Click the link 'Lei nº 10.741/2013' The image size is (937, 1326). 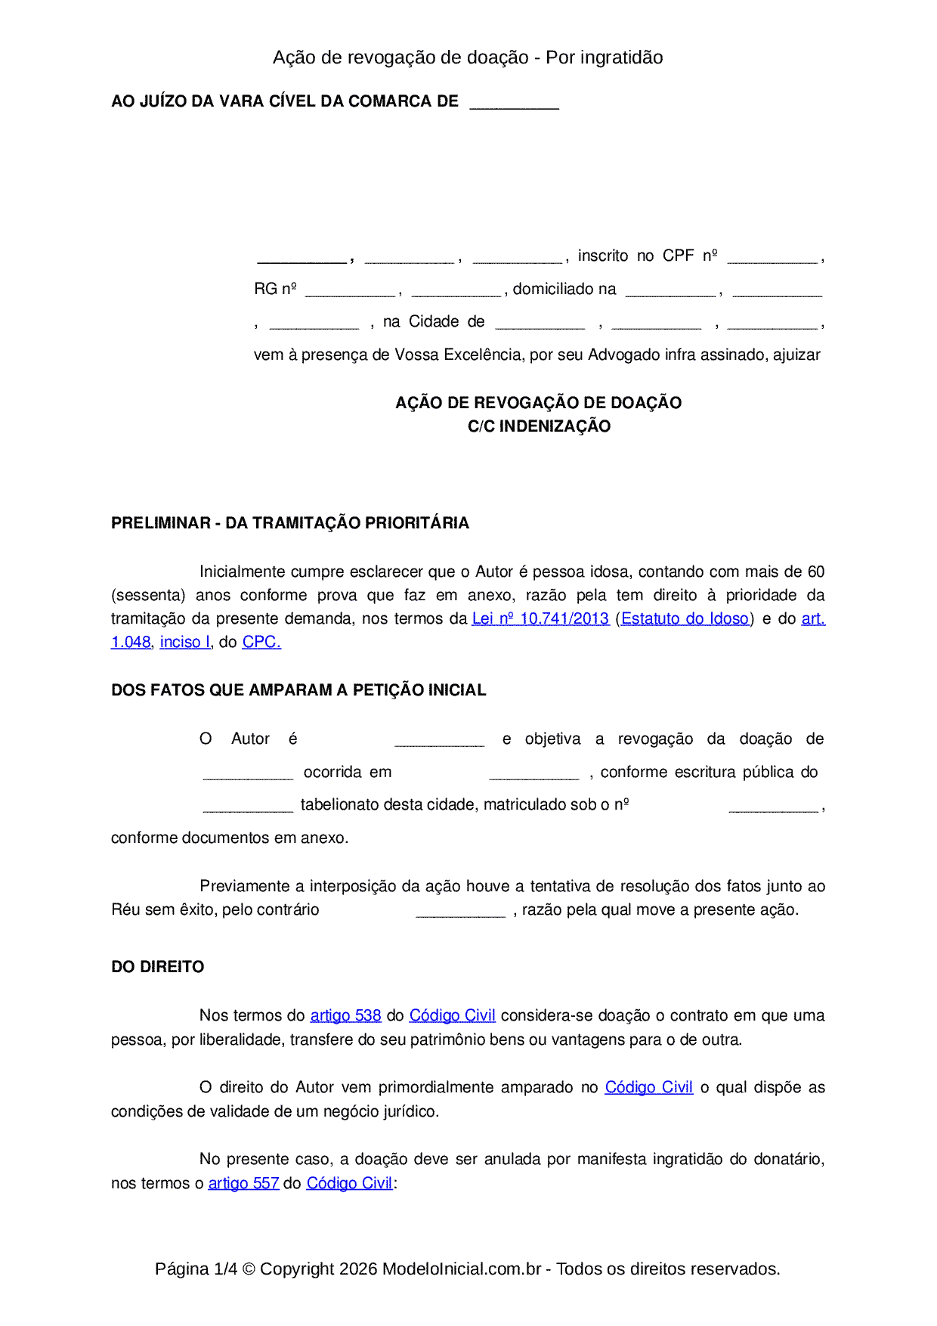pyautogui.click(x=540, y=618)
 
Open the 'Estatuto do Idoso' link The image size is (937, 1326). pyautogui.click(x=685, y=618)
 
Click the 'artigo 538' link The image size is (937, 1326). pyautogui.click(x=345, y=1015)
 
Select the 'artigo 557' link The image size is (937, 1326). pyautogui.click(x=243, y=1183)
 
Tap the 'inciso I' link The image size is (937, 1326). pyautogui.click(x=185, y=642)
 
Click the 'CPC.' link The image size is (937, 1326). pyautogui.click(x=261, y=642)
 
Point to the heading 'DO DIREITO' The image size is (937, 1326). pyautogui.click(x=157, y=967)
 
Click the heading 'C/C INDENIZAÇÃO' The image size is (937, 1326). pyautogui.click(x=539, y=426)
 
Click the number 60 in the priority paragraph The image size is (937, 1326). pyautogui.click(x=816, y=572)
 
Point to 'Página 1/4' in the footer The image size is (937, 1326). pyautogui.click(x=196, y=1269)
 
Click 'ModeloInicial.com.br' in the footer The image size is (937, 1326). pyautogui.click(x=462, y=1269)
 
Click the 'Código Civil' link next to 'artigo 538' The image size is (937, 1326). pyautogui.click(x=452, y=1015)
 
